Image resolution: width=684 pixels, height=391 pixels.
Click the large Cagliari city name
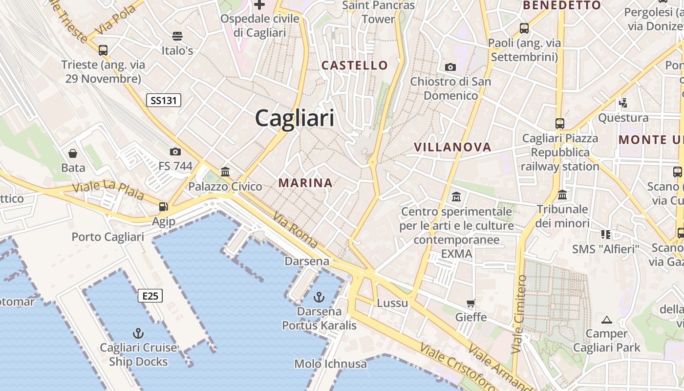[x=295, y=118]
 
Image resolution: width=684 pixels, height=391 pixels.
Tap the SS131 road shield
[x=164, y=101]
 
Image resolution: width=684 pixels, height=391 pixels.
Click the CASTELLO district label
[x=355, y=65]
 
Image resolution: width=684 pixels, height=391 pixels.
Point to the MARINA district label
[x=305, y=183]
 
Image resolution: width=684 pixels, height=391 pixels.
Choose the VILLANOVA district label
[x=452, y=147]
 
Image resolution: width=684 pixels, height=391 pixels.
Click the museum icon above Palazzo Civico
[x=225, y=172]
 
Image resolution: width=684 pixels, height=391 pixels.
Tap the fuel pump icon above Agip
[x=163, y=207]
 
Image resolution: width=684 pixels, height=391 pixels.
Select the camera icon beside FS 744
[x=175, y=152]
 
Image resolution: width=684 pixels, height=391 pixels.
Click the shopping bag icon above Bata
[x=73, y=153]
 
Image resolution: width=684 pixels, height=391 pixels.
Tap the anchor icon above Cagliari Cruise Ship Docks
[x=138, y=333]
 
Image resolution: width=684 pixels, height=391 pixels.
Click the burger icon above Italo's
[x=177, y=36]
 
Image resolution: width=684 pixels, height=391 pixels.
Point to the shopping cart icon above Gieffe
[x=471, y=303]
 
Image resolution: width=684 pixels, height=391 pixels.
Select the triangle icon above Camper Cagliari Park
[x=607, y=320]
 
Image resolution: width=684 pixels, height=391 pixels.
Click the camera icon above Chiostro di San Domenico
[x=450, y=67]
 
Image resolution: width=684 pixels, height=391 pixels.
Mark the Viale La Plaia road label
[x=108, y=190]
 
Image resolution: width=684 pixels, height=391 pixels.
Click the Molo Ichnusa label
[x=330, y=364]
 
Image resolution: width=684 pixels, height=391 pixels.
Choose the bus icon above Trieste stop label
[x=103, y=50]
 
